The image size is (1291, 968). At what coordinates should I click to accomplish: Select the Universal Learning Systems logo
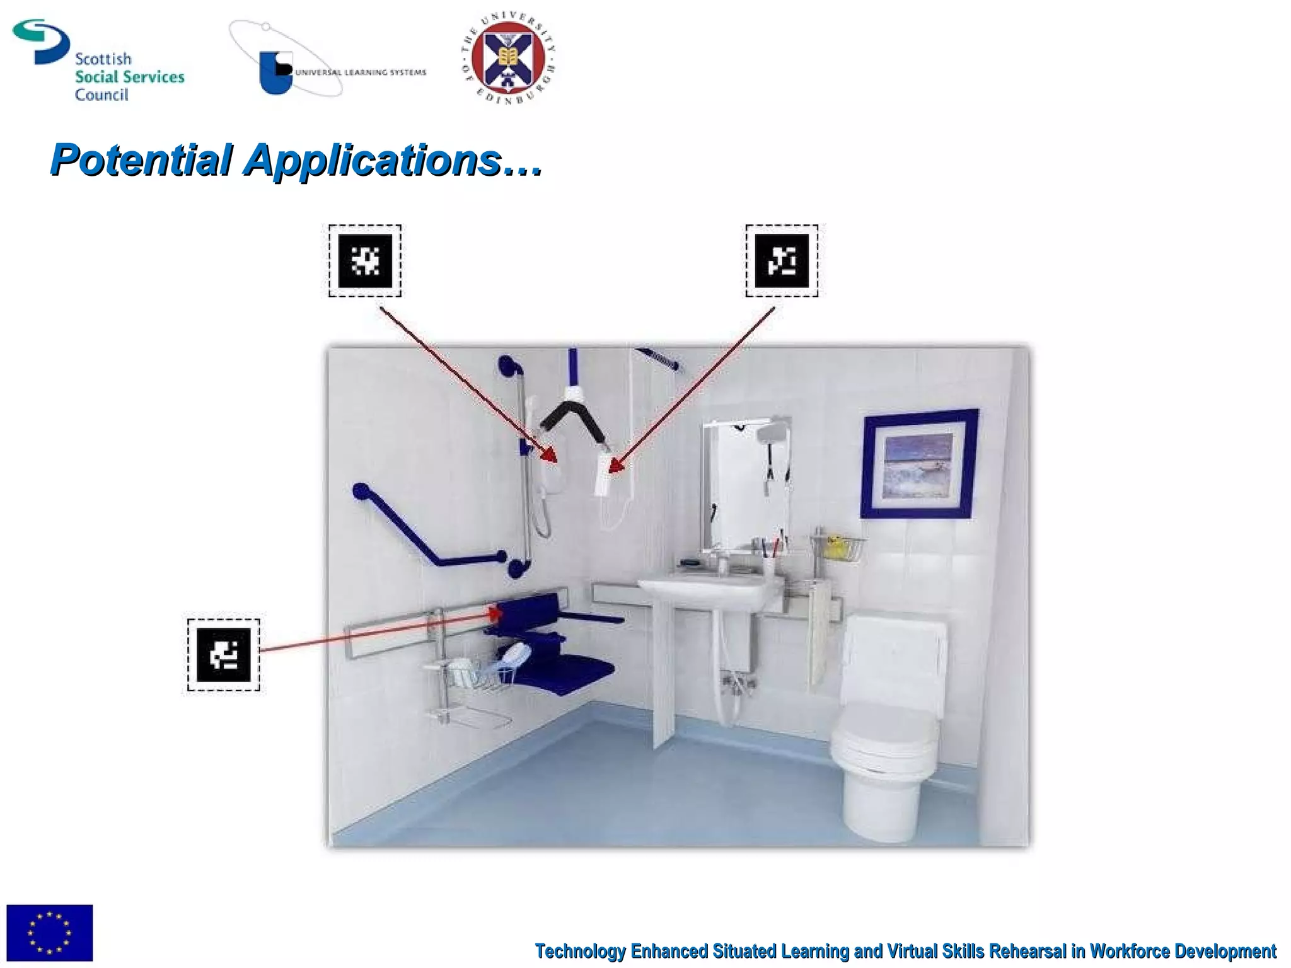pos(328,62)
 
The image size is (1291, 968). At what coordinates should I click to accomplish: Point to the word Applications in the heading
pos(373,161)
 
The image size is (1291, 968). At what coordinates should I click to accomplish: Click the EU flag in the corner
pos(49,933)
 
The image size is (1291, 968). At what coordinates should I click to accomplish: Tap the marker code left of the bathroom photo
pos(223,655)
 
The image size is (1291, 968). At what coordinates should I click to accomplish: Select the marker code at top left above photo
pos(365,261)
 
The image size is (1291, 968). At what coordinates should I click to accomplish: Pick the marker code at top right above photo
pos(782,261)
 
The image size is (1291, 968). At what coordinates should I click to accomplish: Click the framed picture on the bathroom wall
pos(920,464)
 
